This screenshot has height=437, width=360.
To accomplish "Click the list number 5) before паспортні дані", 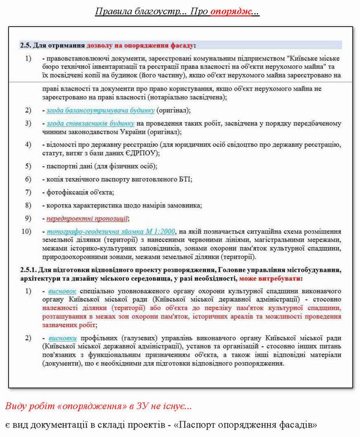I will click(x=28, y=166).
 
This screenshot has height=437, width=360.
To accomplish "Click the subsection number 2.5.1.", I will click(x=31, y=270).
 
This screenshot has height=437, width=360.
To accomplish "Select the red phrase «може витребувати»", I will click(x=270, y=278).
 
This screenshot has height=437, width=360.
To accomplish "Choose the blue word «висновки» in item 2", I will click(x=62, y=338).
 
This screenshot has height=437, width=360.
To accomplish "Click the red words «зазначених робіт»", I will click(x=69, y=324).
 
